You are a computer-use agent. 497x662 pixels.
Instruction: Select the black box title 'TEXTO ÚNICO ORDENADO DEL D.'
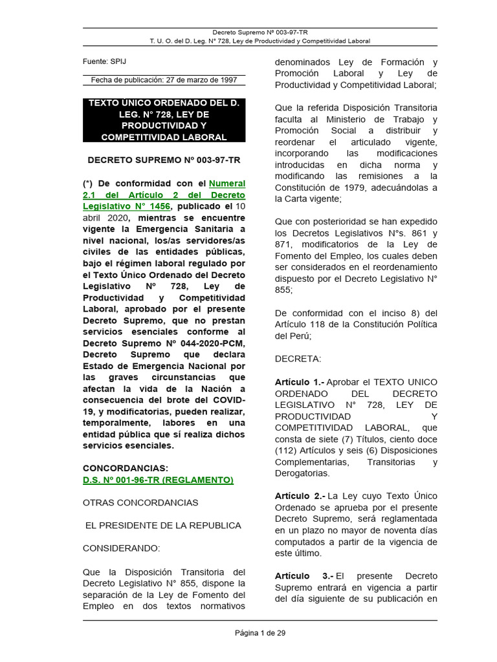(164, 103)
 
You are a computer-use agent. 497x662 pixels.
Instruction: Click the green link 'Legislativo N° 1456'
(127, 206)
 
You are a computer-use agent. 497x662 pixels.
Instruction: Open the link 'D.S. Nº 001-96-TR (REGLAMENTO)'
(158, 480)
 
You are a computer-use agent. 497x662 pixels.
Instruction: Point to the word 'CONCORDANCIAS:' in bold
(125, 468)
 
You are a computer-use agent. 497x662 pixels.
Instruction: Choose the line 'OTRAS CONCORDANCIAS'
(140, 502)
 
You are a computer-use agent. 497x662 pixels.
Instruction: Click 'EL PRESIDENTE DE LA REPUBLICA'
(163, 525)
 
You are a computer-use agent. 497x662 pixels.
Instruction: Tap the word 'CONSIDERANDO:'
(121, 548)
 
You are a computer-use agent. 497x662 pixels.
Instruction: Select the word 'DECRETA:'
(298, 359)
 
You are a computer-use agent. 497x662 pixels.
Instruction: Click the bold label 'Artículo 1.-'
(300, 382)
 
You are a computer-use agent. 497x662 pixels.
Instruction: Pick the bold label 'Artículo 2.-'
(300, 496)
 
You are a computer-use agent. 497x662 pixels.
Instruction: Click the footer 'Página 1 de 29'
(260, 633)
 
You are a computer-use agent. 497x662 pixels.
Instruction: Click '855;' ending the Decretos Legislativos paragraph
(283, 290)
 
